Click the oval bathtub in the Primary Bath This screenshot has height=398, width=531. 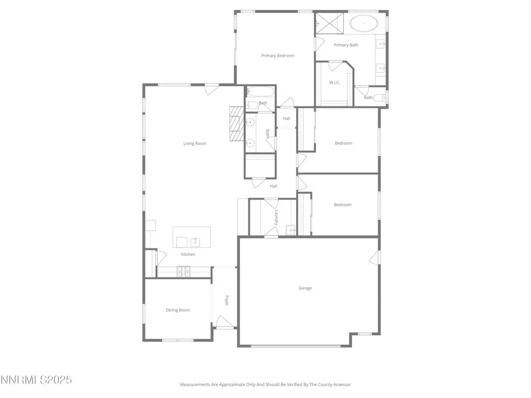[363, 24]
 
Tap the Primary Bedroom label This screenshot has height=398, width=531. [278, 56]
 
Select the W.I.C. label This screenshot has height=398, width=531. [334, 82]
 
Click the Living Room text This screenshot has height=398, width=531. [194, 143]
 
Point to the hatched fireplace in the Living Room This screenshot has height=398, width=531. [236, 123]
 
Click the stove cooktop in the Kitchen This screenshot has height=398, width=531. [184, 271]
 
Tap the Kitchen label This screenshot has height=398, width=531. [188, 254]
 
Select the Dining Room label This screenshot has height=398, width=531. [178, 310]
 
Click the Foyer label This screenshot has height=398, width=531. [227, 300]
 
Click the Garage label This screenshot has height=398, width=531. [305, 288]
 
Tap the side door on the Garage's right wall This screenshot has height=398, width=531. [375, 257]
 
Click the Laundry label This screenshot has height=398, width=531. [276, 218]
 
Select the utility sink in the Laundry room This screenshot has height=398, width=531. [290, 230]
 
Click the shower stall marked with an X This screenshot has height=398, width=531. [330, 24]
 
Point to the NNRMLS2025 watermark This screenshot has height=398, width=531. [36, 380]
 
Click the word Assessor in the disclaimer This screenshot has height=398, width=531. [342, 384]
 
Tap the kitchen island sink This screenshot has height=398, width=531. [195, 242]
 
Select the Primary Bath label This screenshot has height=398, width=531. [346, 45]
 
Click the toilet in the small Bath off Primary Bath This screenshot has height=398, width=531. [379, 98]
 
